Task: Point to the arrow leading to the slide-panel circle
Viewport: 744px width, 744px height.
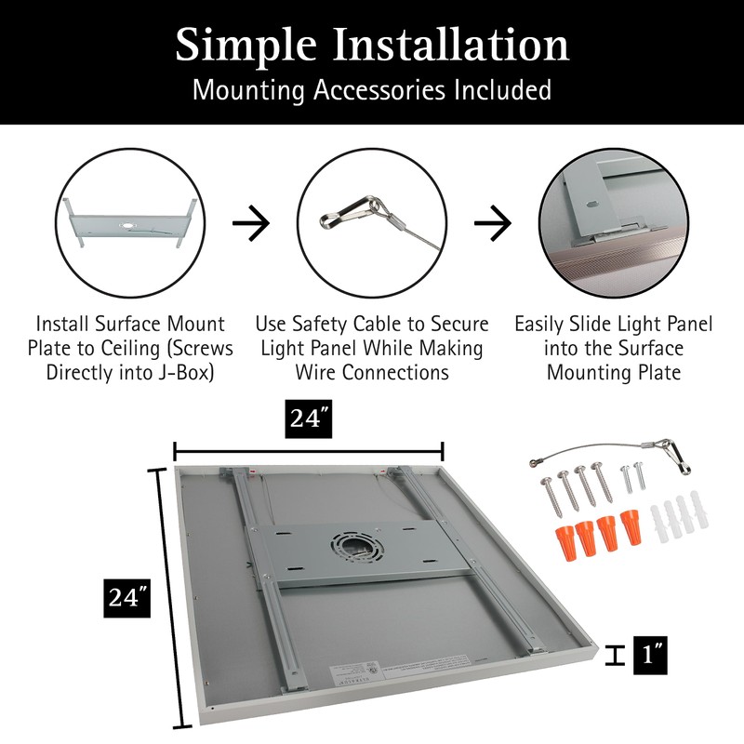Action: click(x=493, y=224)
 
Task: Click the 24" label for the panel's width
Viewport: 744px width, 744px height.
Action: click(x=309, y=420)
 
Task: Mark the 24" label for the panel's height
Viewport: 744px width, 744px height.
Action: click(x=126, y=596)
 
